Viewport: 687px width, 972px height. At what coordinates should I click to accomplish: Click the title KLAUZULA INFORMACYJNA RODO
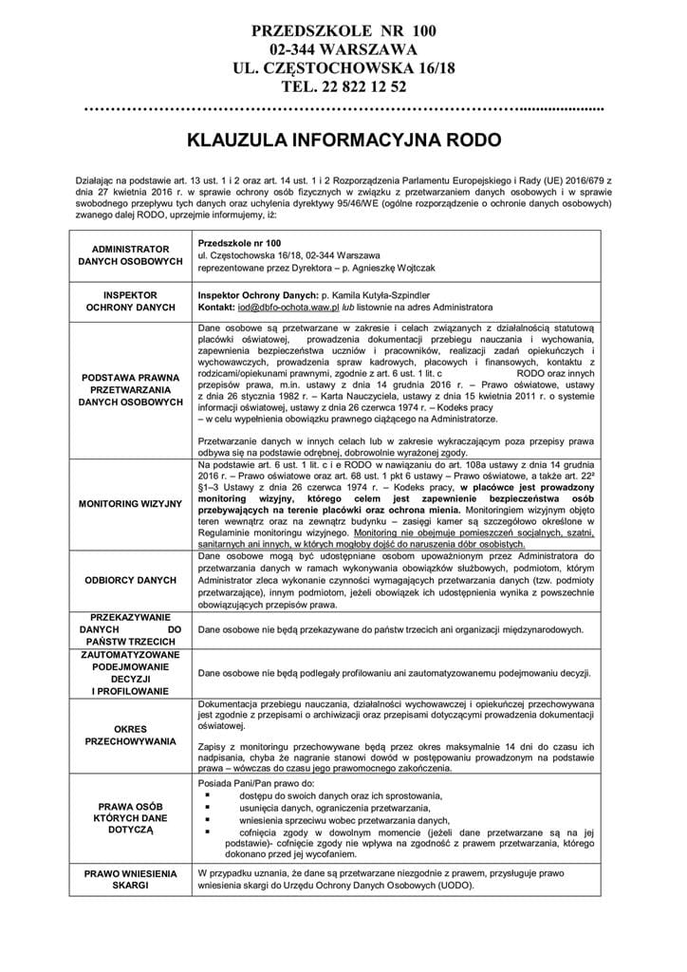coord(343,140)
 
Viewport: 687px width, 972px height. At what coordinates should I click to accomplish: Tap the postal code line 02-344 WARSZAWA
coord(343,49)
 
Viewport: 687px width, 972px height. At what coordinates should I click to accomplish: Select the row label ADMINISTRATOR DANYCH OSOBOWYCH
coord(132,253)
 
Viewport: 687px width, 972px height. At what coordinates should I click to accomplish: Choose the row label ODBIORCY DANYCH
coord(132,579)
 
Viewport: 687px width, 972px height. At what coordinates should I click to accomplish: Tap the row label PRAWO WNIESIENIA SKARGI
coord(132,878)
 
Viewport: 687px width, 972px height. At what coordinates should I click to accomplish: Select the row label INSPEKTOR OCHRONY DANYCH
coord(132,302)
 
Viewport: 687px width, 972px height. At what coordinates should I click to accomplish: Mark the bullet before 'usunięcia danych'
coord(208,806)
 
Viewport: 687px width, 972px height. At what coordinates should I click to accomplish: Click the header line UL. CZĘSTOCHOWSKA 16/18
coord(343,68)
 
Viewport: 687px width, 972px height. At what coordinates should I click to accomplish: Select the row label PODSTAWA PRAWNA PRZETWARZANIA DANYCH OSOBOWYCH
coord(132,389)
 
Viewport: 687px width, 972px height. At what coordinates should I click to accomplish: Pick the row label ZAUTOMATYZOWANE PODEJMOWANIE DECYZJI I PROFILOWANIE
coord(132,674)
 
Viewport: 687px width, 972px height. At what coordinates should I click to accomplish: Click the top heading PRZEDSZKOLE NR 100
coord(343,31)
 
